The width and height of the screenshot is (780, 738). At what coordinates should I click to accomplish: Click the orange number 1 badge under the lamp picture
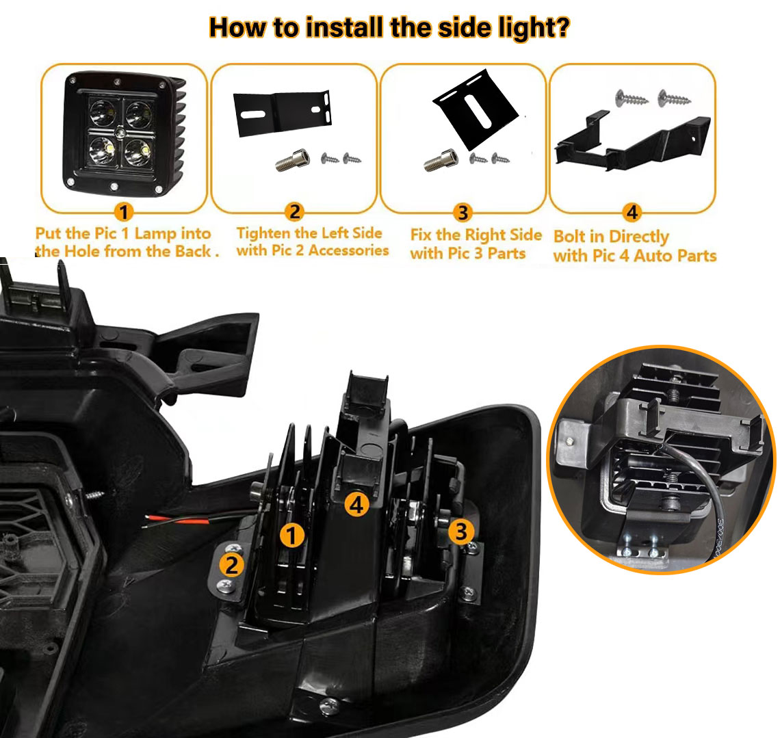[x=124, y=212]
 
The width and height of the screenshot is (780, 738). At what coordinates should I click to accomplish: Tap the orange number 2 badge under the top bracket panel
[x=294, y=212]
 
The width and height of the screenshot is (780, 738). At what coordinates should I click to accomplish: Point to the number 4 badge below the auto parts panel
[x=632, y=212]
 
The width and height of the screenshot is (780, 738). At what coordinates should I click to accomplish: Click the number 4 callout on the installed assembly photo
[x=357, y=504]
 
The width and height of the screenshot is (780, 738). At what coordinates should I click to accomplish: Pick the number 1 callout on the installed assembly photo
[x=292, y=536]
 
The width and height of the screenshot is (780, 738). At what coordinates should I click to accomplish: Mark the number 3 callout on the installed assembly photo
[x=461, y=531]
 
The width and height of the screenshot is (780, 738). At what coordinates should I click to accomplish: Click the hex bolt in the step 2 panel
[x=293, y=160]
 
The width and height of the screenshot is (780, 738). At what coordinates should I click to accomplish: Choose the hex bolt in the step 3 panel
[x=441, y=160]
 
